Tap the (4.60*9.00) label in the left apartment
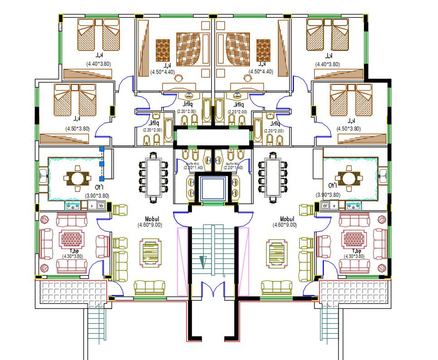150,224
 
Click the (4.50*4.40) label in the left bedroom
162,72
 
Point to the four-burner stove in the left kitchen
73,206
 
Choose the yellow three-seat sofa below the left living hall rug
149,287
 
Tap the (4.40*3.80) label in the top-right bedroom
328,64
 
